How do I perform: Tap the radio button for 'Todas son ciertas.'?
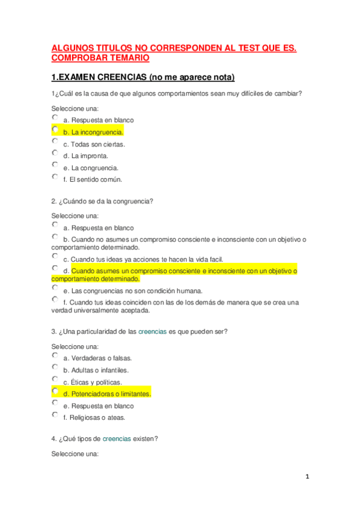click(x=55, y=141)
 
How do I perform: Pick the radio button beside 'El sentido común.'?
click(x=55, y=177)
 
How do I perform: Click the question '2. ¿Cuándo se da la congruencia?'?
click(x=102, y=201)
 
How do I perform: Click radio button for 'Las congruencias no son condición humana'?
click(x=55, y=288)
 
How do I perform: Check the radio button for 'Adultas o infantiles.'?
click(x=55, y=367)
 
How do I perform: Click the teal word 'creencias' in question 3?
click(x=152, y=331)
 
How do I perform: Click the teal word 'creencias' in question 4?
click(x=117, y=439)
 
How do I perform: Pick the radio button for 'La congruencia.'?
click(x=55, y=165)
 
